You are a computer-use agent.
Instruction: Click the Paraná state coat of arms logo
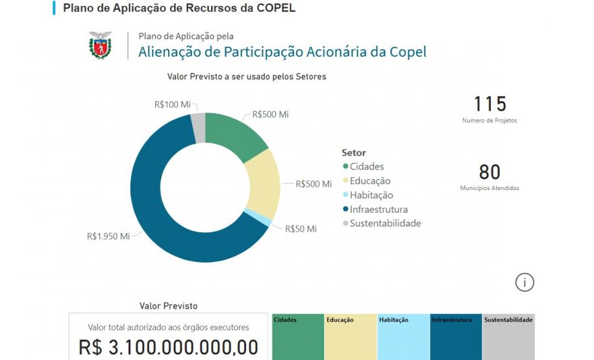100,45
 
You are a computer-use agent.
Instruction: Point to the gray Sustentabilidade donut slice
199,119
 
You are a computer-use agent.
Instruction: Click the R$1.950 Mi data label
107,236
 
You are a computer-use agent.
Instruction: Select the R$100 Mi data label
172,104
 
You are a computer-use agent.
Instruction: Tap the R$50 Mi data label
301,229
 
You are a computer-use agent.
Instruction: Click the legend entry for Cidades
367,167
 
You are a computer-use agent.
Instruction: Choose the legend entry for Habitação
371,195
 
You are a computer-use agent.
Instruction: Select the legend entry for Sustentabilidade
385,224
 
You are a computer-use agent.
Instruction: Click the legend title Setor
354,153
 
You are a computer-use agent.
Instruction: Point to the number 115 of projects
489,104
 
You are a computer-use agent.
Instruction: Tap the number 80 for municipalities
489,172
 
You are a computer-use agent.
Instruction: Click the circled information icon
525,282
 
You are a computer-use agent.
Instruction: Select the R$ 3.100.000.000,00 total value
168,347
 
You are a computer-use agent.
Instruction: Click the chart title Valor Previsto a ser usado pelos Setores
247,77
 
